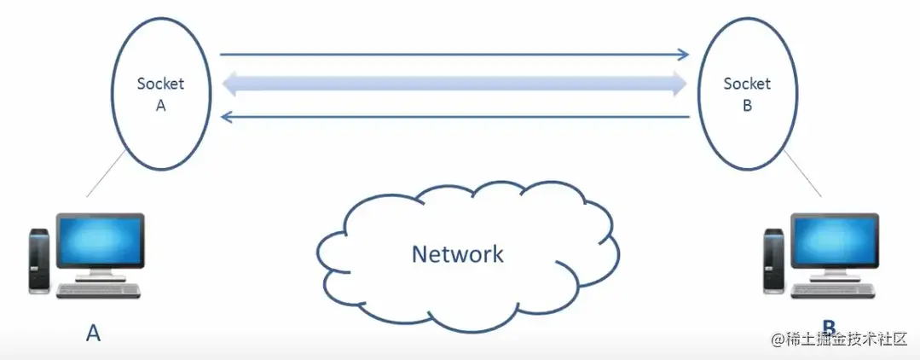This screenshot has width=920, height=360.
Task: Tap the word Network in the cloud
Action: [457, 253]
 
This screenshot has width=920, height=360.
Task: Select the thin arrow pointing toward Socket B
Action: [452, 55]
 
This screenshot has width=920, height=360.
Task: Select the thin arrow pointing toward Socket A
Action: [452, 117]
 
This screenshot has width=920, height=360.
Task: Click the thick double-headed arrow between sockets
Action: [452, 84]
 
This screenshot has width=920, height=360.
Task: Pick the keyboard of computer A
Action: [98, 291]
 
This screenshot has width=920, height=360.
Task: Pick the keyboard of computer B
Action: [832, 291]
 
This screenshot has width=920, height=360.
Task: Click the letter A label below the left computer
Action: [93, 332]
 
